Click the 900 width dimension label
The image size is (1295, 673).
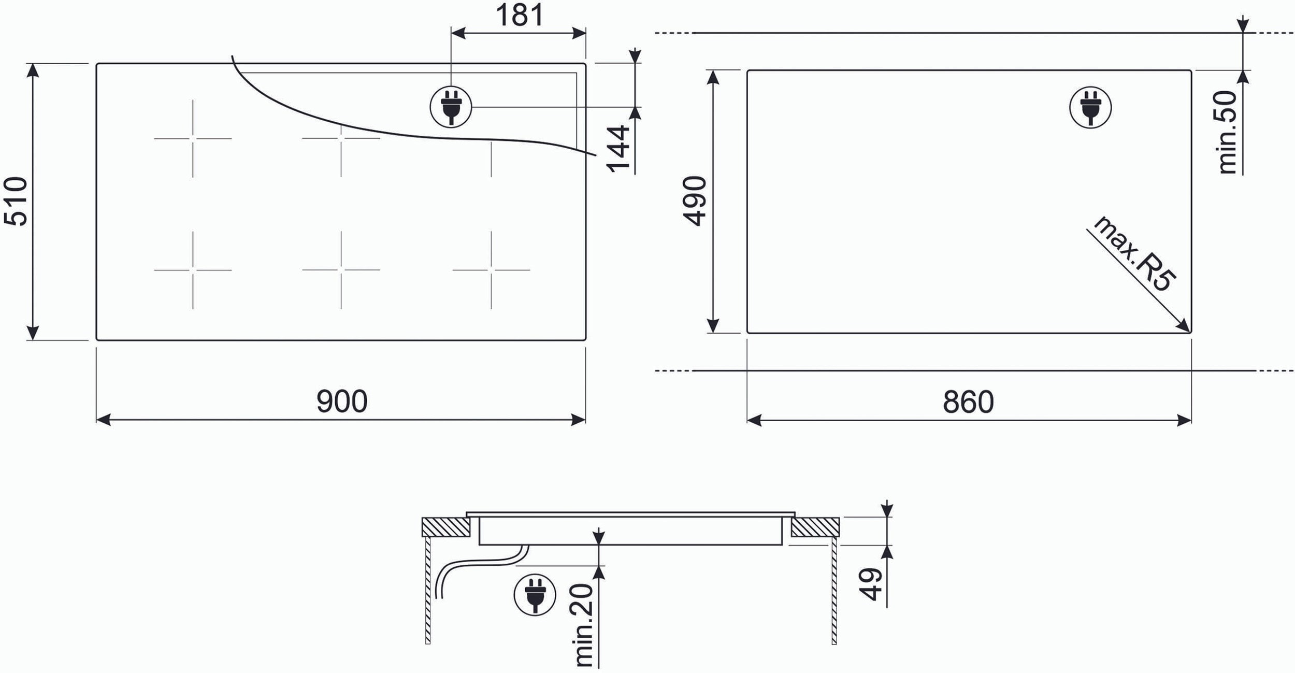pyautogui.click(x=342, y=402)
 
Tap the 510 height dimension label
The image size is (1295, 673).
pyautogui.click(x=16, y=201)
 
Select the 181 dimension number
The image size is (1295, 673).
pyautogui.click(x=520, y=15)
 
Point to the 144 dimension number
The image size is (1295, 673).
pyautogui.click(x=618, y=149)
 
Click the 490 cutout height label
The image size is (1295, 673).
pyautogui.click(x=695, y=201)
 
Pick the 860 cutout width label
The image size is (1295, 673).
pyautogui.click(x=968, y=402)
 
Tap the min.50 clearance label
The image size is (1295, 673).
pyautogui.click(x=1227, y=132)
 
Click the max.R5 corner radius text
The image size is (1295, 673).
pyautogui.click(x=1133, y=254)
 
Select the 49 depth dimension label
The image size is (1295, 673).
pyautogui.click(x=870, y=584)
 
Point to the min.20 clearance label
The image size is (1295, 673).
pyautogui.click(x=584, y=625)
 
